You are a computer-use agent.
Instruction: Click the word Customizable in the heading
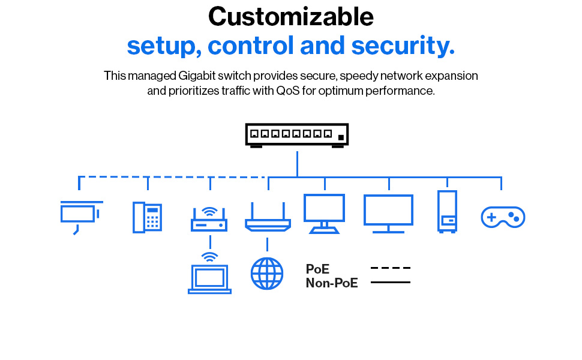point(291,17)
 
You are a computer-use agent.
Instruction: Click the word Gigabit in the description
point(198,76)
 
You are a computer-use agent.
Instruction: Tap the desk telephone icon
point(148,217)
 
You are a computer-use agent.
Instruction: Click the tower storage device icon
point(447,211)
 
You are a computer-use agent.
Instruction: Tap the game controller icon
point(503,217)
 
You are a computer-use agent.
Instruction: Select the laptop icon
point(209,278)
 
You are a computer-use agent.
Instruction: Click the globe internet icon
point(267,274)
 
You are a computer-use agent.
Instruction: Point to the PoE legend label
point(317,269)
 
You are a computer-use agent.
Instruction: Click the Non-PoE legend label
point(332,283)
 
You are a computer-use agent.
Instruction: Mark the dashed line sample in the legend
point(391,268)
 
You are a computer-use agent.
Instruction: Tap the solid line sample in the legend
point(391,282)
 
